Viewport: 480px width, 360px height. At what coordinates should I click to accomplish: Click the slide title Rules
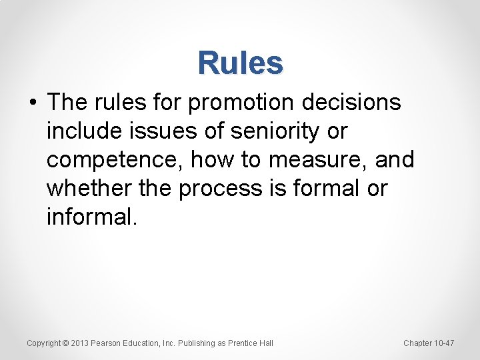(240, 63)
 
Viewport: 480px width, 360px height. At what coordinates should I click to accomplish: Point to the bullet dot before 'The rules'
(33, 103)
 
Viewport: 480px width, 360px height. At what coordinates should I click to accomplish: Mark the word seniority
(273, 131)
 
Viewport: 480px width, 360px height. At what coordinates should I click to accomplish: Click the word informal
(91, 217)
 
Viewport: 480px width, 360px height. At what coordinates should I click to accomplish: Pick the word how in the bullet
(217, 160)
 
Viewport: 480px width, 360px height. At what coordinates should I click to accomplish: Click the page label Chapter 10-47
(429, 343)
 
